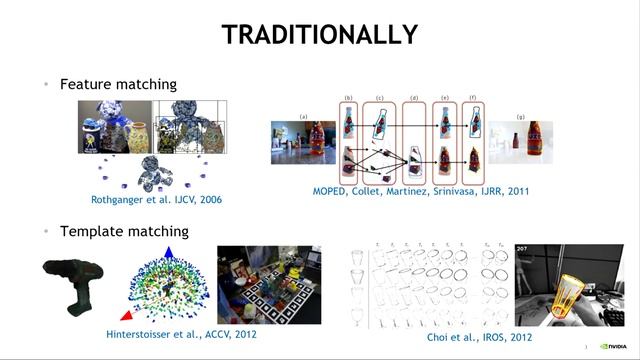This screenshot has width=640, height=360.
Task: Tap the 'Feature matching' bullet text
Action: (x=118, y=85)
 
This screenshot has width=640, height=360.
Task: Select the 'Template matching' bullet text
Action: (x=124, y=231)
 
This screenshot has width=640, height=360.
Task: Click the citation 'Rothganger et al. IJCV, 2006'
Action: (x=156, y=200)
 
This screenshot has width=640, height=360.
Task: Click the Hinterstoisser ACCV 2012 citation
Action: (x=181, y=333)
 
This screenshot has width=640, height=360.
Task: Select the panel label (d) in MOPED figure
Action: (x=414, y=98)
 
